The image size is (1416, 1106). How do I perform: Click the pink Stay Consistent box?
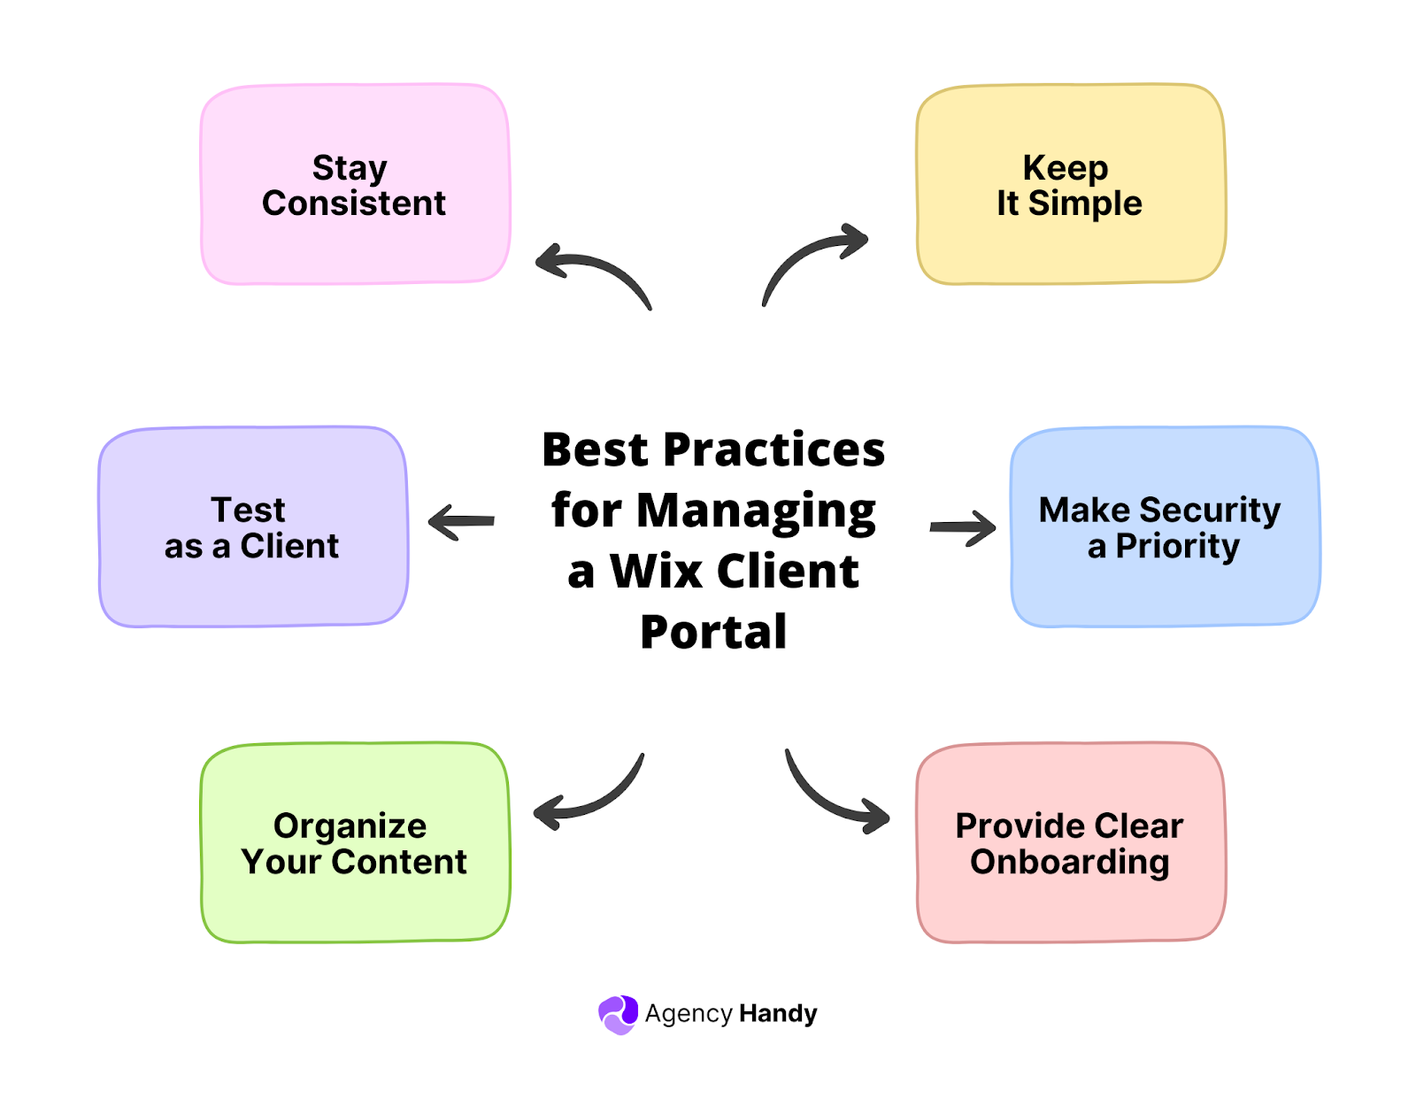(355, 184)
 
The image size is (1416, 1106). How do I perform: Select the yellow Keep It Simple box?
(1071, 184)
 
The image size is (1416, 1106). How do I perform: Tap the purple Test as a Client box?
(253, 527)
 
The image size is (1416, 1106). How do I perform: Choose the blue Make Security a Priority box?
(1166, 527)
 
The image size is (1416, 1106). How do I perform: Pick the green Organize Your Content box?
(355, 842)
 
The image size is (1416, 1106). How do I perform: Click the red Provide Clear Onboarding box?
(1071, 842)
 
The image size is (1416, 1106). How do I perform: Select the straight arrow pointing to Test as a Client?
(461, 521)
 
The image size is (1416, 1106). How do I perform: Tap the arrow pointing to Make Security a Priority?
(963, 527)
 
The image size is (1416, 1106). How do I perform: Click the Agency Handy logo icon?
(618, 1014)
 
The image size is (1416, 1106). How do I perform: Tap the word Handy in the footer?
(778, 1014)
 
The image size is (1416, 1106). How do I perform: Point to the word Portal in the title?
(713, 632)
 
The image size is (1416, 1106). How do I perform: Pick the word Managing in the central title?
(757, 512)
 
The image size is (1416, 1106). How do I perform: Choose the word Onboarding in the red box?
(1070, 863)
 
